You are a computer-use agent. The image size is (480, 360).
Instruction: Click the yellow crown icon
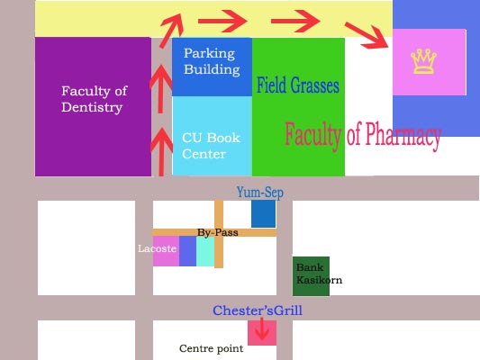423,61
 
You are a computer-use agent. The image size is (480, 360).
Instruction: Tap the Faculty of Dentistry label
95,99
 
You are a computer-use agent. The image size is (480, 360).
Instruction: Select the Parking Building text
212,61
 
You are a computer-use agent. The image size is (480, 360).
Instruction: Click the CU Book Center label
211,146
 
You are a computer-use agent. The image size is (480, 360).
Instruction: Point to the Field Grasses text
298,85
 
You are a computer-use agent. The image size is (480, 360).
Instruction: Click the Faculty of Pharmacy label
363,135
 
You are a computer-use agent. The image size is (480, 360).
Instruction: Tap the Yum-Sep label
260,193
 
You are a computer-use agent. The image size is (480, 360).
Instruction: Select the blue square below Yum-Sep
263,214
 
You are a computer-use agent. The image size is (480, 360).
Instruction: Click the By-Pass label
218,232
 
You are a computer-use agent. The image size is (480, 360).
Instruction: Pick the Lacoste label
157,248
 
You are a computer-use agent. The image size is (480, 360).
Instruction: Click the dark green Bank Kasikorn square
311,276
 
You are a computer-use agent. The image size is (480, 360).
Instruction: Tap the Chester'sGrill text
258,310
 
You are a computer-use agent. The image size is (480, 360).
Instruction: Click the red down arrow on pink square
262,328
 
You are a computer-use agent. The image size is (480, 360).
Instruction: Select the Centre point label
212,348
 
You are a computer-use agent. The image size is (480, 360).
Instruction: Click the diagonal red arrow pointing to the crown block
367,35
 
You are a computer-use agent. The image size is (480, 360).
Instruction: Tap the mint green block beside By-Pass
205,251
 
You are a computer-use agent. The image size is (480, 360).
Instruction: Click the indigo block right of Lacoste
187,251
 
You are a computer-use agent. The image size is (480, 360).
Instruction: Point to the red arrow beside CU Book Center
161,152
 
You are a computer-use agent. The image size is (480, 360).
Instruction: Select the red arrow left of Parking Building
160,89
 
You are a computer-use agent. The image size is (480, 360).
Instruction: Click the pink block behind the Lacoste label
166,251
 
